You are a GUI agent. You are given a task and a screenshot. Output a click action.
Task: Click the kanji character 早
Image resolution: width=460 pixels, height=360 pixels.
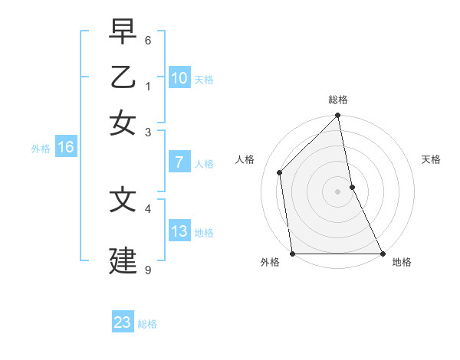123,32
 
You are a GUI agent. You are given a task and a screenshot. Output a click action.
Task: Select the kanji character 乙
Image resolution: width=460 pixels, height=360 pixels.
123,77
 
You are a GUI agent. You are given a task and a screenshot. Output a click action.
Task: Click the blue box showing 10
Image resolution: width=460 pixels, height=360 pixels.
179,78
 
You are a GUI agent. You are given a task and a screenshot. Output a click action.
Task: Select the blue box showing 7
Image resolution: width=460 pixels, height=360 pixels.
179,162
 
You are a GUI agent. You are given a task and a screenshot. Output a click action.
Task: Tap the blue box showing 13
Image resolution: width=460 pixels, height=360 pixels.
179,231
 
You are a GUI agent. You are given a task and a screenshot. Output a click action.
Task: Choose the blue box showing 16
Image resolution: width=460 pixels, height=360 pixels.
65,147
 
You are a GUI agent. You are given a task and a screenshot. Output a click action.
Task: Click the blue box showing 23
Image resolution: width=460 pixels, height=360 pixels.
123,322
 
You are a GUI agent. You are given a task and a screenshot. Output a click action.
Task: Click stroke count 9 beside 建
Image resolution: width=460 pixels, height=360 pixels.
148,270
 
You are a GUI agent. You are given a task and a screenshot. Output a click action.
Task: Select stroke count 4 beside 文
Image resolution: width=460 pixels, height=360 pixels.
148,208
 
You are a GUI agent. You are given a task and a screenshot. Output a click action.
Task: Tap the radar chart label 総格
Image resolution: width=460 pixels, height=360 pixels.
338,100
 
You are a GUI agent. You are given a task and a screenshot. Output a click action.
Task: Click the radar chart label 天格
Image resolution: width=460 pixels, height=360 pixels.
432,159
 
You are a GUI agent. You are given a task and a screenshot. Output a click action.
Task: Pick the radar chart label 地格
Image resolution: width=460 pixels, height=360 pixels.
402,262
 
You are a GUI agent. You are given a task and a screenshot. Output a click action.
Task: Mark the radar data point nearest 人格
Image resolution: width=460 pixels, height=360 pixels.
280,172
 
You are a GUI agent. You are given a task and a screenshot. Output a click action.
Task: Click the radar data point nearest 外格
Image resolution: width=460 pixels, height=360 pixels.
292,254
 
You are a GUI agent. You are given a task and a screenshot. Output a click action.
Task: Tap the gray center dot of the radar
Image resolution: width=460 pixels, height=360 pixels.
338,191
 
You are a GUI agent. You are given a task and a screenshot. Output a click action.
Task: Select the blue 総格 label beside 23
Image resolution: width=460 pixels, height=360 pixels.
147,323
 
